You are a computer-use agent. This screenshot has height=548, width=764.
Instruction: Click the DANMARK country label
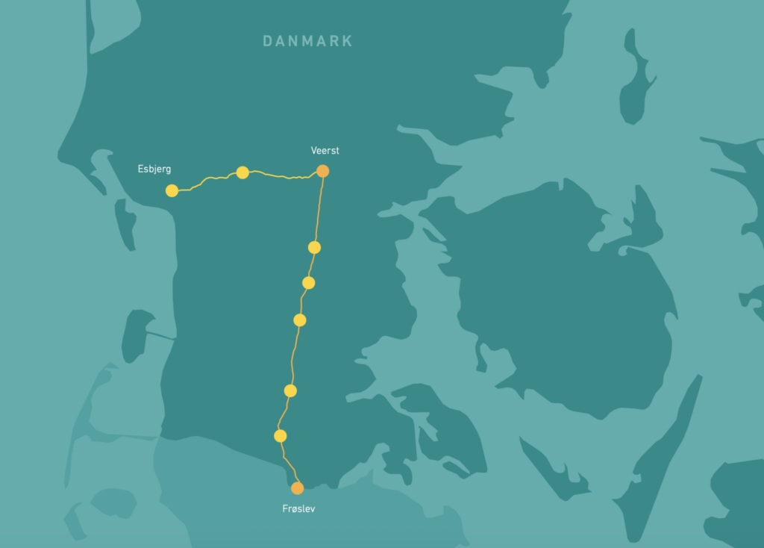point(307,41)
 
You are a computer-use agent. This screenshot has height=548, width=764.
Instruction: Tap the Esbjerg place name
point(154,169)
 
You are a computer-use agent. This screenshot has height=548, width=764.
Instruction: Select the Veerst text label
point(325,151)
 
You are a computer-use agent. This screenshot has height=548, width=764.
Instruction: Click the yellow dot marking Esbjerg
point(172,190)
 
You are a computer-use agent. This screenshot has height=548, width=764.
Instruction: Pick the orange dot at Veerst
point(322,171)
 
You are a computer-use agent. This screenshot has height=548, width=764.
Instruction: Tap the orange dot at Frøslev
point(297,488)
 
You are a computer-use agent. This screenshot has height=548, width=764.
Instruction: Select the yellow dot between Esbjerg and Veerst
point(242,172)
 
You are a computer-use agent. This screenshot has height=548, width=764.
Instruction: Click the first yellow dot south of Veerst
point(314,247)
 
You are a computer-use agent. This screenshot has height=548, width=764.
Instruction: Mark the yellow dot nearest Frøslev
point(281,435)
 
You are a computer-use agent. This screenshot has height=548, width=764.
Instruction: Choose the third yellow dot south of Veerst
point(300,320)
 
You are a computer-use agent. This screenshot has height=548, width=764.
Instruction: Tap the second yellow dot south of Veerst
point(308,283)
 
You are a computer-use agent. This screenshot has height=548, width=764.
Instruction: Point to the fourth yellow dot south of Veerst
point(290,390)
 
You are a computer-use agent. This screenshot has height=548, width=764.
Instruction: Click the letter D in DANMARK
point(268,41)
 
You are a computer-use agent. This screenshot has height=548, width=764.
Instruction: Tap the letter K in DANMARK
point(347,41)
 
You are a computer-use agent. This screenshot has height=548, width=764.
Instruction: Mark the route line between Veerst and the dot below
point(319,209)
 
